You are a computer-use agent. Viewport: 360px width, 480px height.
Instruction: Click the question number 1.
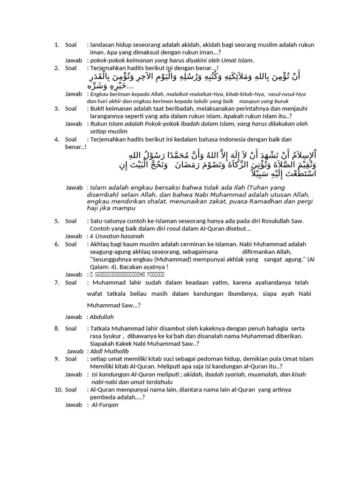(56, 45)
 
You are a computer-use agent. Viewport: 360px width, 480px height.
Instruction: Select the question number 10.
(58, 390)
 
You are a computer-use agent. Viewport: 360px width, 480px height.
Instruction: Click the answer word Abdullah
(102, 317)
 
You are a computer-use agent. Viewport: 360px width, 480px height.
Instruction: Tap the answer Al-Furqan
(105, 405)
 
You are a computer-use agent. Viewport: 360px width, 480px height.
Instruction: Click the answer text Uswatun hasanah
(113, 236)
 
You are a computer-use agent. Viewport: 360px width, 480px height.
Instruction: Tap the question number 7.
(56, 282)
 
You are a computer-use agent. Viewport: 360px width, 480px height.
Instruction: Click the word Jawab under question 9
(73, 374)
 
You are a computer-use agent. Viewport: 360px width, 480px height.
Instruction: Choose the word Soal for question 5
(71, 221)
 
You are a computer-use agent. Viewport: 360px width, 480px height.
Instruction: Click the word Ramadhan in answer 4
(256, 201)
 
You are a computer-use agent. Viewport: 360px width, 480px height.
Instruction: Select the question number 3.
(56, 108)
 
